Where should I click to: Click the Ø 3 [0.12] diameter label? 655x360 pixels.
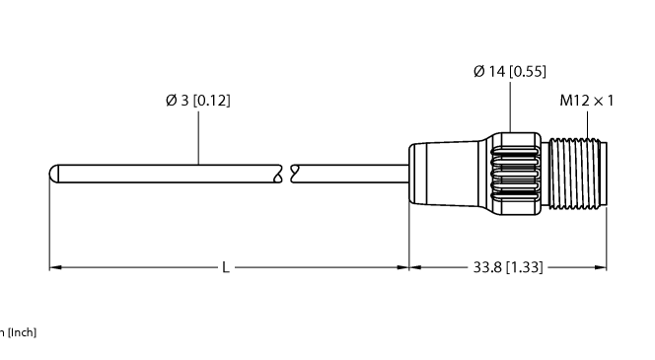200,100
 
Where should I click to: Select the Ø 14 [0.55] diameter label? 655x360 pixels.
510,71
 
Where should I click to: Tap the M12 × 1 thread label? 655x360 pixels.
587,100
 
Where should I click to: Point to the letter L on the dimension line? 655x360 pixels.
226,267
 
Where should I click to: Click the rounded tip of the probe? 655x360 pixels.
55,174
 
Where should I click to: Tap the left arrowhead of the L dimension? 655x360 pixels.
55,267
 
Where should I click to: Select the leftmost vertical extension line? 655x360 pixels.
49,227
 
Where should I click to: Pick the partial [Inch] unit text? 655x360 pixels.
19,332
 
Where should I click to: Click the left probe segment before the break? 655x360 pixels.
168,174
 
